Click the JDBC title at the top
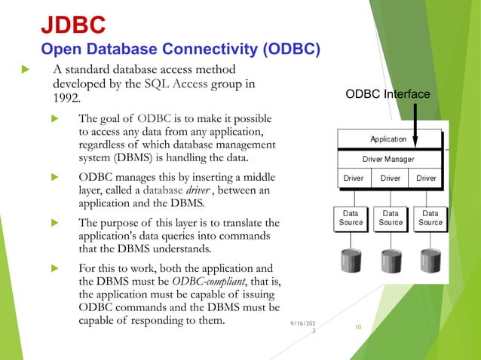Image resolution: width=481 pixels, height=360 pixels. [72, 25]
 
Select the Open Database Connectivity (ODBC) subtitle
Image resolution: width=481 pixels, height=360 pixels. [181, 50]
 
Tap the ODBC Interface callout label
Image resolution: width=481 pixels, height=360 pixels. [388, 94]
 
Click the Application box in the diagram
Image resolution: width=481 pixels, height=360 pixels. [390, 139]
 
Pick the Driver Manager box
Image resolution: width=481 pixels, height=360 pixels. [390, 159]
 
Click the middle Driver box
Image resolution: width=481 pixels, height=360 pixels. [391, 178]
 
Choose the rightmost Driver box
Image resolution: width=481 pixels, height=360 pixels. [426, 178]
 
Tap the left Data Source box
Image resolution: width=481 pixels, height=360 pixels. [351, 218]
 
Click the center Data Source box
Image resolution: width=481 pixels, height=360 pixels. [391, 218]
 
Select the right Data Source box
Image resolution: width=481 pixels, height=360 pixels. [430, 218]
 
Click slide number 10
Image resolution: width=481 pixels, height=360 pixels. [357, 327]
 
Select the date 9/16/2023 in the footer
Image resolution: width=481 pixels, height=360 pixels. [303, 327]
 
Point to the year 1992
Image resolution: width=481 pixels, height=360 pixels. [66, 98]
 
